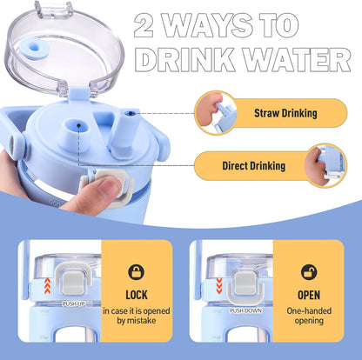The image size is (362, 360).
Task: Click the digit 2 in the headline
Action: pos(144,25)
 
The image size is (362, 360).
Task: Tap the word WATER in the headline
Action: pos(298,60)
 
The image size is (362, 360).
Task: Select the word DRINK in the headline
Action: pos(185,60)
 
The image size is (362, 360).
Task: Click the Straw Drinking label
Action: pos(285,113)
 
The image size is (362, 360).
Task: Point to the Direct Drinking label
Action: pos(254,166)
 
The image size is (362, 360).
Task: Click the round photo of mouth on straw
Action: pos(216,113)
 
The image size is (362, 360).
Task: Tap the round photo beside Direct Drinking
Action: pos(325,166)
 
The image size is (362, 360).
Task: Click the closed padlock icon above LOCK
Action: pos(137,272)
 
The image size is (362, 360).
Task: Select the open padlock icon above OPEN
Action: pos(309,272)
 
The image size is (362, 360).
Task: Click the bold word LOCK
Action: pos(137,295)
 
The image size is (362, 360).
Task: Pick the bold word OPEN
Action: pos(309,295)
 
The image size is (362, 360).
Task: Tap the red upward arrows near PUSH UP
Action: pos(48,285)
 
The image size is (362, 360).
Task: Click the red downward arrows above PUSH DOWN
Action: pos(219,285)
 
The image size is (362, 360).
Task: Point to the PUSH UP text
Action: pos(74,303)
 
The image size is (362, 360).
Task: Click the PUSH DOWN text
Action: pos(245,310)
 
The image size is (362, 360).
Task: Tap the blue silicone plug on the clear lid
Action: pos(35,48)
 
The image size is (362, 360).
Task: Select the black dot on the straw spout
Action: pos(130,113)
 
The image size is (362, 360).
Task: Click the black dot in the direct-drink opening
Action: pos(78,125)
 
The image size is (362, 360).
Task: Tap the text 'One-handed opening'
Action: pos(309,316)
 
